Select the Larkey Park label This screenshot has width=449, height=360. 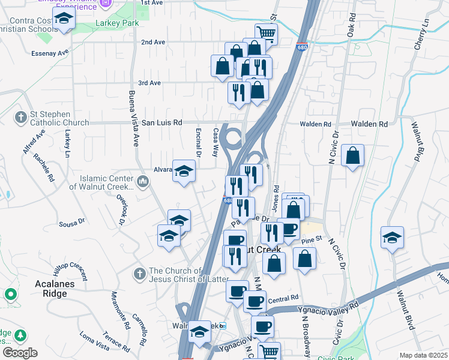click(117, 23)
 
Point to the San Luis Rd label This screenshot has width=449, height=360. click(161, 122)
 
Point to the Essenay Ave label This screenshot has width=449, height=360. click(50, 53)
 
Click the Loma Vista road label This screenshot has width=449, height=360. click(94, 343)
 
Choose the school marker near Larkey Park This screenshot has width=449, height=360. click(63, 19)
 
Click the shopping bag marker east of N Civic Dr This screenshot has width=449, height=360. click(352, 155)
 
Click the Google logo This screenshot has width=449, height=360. click(19, 353)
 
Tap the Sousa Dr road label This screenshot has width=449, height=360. click(72, 224)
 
